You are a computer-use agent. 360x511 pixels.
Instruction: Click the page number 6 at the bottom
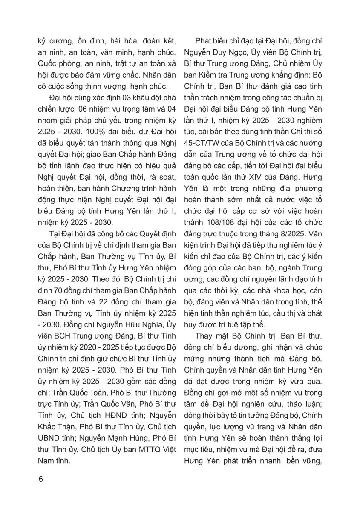click(41, 479)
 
